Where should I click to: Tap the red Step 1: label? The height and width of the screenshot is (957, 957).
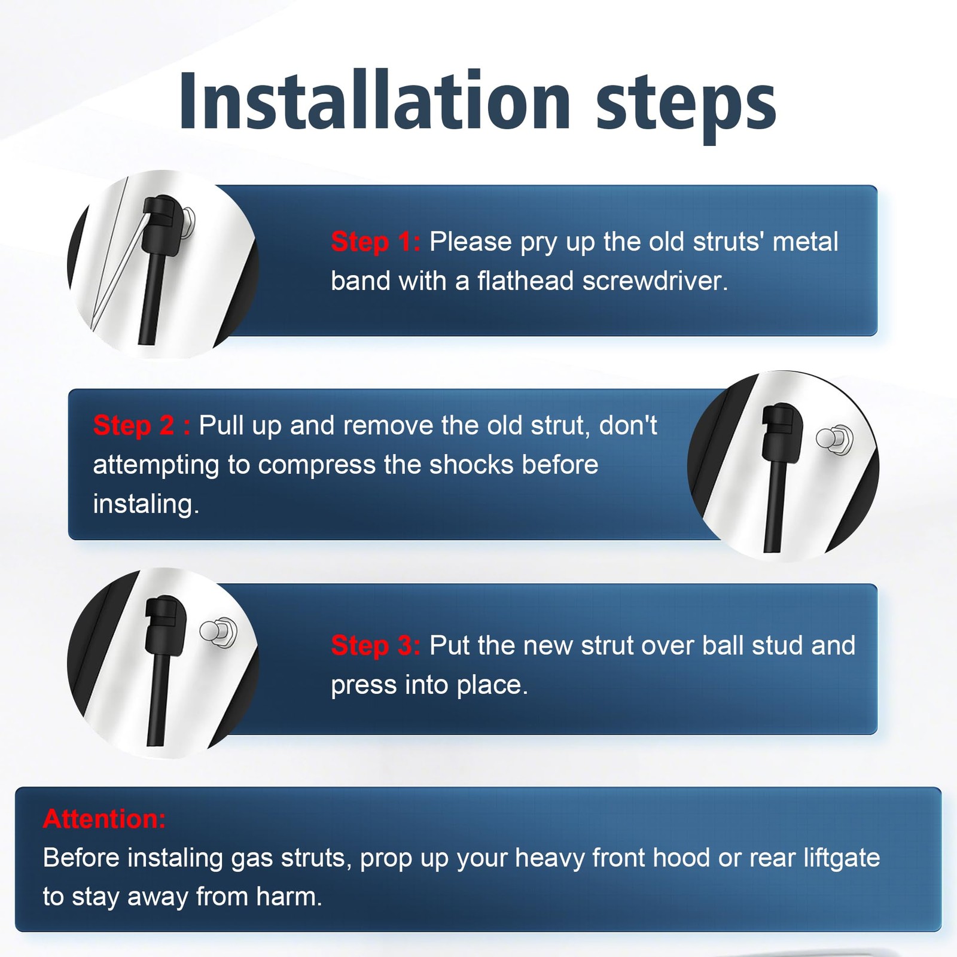coord(376,242)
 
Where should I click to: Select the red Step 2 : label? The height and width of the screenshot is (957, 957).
coord(142,425)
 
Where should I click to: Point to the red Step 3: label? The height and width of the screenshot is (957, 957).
coord(376,645)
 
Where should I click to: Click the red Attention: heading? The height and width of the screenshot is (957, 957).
coord(104,819)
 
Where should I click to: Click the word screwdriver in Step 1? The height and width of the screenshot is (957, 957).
coord(655,281)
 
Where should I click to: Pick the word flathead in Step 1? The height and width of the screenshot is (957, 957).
coord(526,281)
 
